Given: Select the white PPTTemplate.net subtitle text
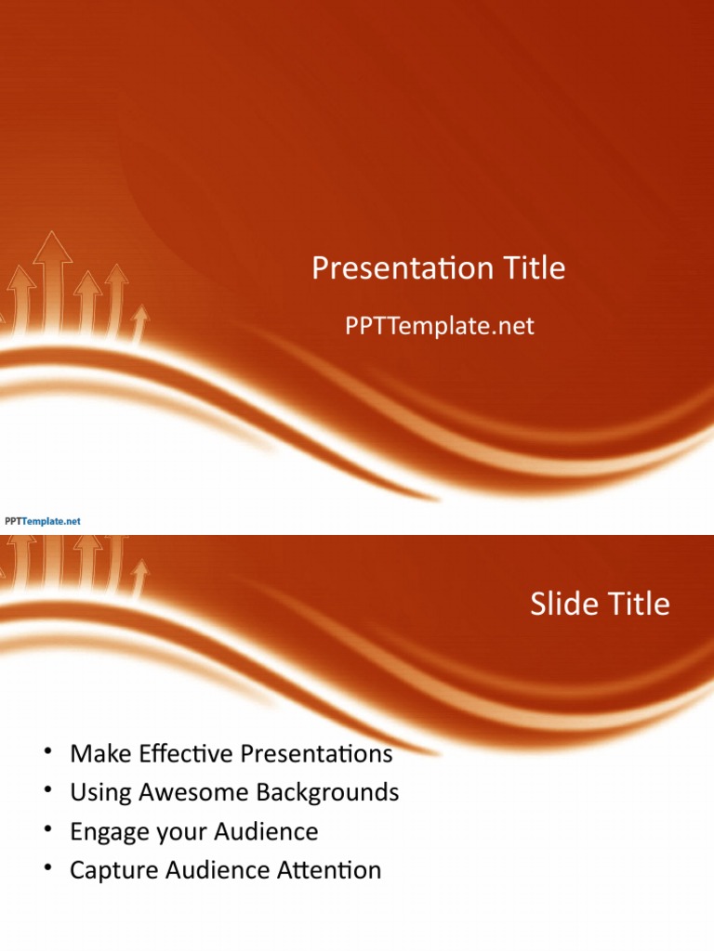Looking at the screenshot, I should (439, 326).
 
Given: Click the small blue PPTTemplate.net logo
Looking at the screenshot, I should (43, 521).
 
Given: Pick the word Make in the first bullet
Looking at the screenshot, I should (97, 753).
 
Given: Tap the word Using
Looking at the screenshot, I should (99, 792).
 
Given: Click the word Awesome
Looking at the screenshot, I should (182, 792).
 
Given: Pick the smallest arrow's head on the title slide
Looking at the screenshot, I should (139, 316).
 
